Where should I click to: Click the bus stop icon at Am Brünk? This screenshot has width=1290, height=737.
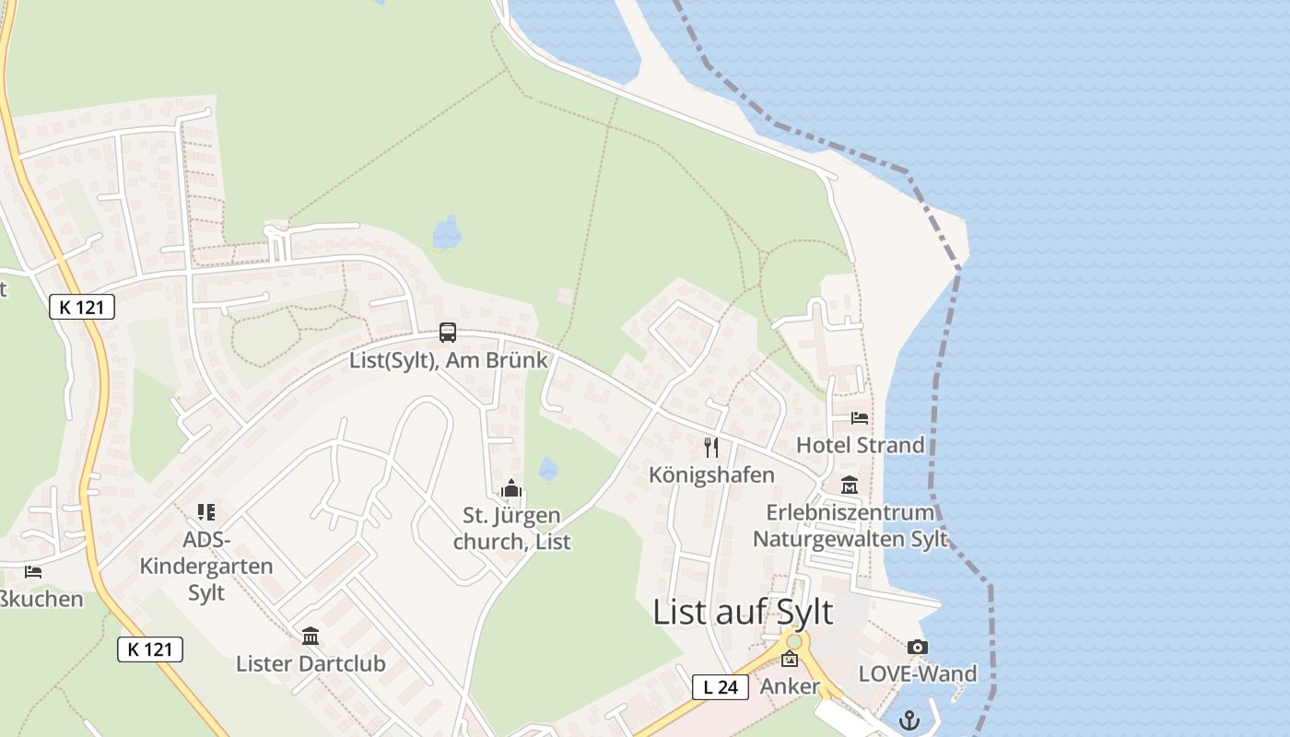[x=448, y=333]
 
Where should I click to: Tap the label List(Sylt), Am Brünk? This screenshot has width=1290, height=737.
[x=449, y=359]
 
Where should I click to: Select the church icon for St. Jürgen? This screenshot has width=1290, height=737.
[x=511, y=488]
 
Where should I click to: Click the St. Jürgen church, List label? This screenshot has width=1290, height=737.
[x=511, y=528]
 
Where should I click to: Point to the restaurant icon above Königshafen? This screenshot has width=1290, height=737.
[x=711, y=448]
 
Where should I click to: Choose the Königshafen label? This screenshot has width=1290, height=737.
[x=711, y=474]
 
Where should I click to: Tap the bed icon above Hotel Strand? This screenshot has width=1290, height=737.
[x=860, y=418]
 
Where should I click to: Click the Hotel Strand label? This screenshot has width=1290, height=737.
[x=860, y=445]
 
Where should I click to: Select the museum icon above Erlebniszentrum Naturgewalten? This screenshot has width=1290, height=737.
[x=849, y=485]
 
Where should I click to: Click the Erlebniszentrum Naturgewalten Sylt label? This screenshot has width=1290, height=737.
[x=850, y=525]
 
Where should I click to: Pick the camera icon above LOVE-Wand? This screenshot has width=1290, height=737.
[x=917, y=648]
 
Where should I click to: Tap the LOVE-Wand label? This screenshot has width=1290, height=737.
[x=917, y=673]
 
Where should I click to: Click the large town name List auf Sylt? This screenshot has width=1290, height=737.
[x=743, y=612]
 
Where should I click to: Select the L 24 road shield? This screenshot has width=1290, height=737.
[x=720, y=686]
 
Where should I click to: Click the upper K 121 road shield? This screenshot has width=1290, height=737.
[x=82, y=307]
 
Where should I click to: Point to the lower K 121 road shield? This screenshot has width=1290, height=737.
[x=150, y=649]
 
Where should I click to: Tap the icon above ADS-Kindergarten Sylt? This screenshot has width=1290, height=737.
[x=206, y=512]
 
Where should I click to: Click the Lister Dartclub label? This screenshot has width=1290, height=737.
[x=311, y=663]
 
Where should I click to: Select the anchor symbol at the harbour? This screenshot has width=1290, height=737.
[x=910, y=719]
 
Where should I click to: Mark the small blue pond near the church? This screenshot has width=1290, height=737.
[x=548, y=469]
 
